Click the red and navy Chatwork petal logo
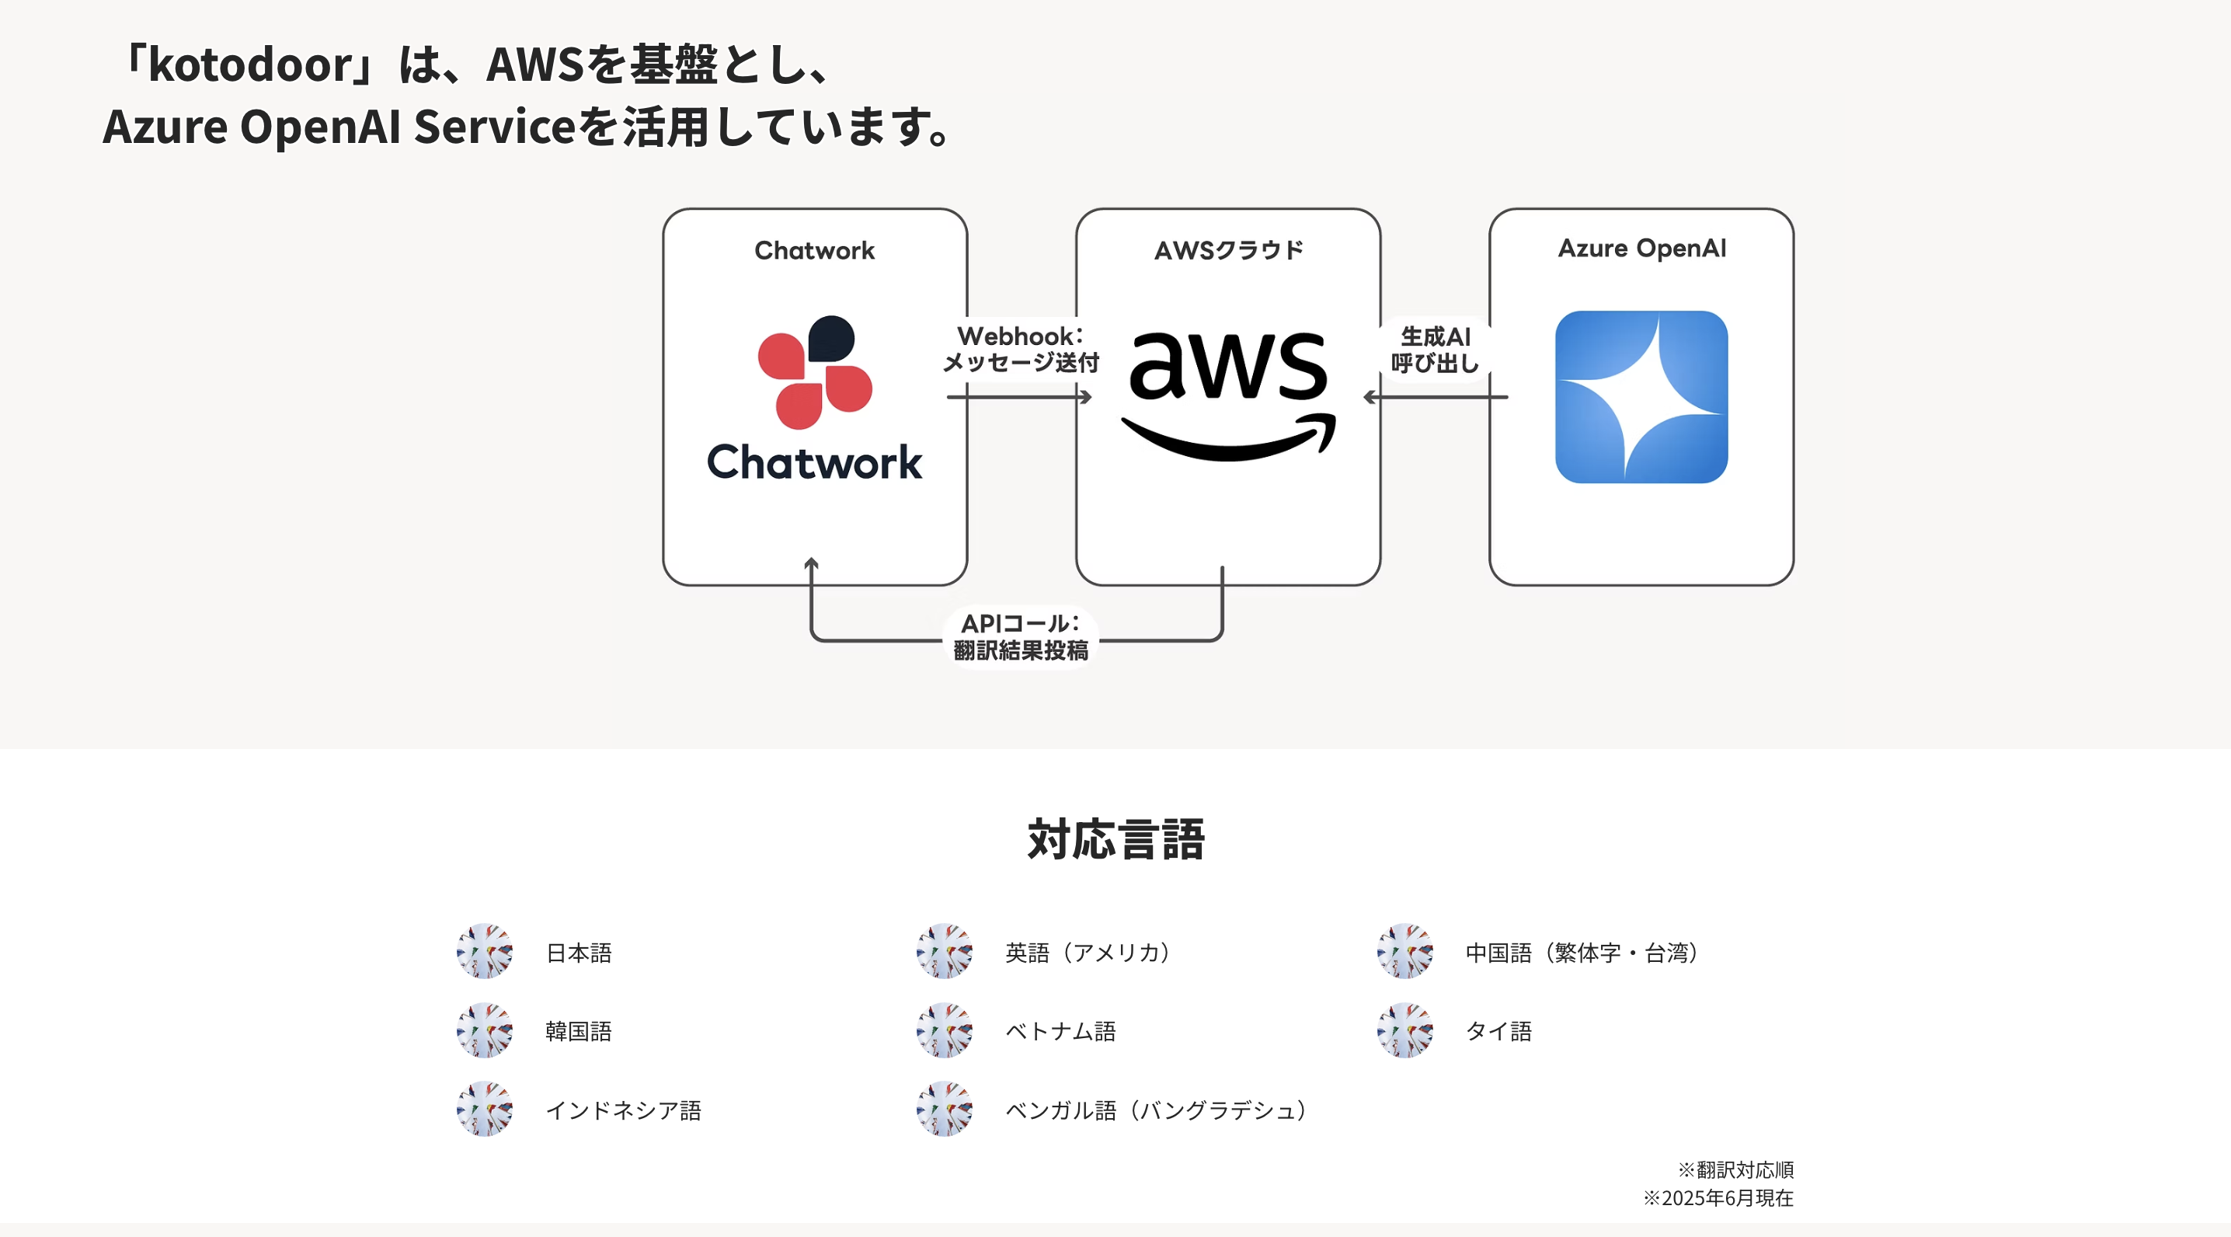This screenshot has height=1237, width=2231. click(x=815, y=372)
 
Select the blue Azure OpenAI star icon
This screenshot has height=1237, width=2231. click(x=1641, y=397)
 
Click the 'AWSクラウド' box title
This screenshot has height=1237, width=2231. click(x=1228, y=250)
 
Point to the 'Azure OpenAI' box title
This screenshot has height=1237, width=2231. click(x=1642, y=249)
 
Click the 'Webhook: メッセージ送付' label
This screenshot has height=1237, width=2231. click(x=1021, y=349)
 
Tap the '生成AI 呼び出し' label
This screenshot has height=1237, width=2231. click(x=1435, y=350)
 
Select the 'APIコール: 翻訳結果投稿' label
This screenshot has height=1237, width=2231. click(x=1021, y=636)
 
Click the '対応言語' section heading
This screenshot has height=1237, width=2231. click(x=1115, y=839)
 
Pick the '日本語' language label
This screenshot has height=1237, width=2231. click(x=579, y=953)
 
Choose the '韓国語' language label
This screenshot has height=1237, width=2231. click(x=579, y=1031)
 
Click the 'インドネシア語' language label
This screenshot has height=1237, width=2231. click(x=624, y=1110)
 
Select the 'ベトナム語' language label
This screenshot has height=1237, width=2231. click(x=1060, y=1031)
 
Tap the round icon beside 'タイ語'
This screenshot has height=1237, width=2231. click(x=1404, y=1031)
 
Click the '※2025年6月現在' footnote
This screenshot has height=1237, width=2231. click(x=1718, y=1198)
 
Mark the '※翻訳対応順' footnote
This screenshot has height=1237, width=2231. click(x=1735, y=1170)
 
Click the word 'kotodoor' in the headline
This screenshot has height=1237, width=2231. click(x=250, y=65)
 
